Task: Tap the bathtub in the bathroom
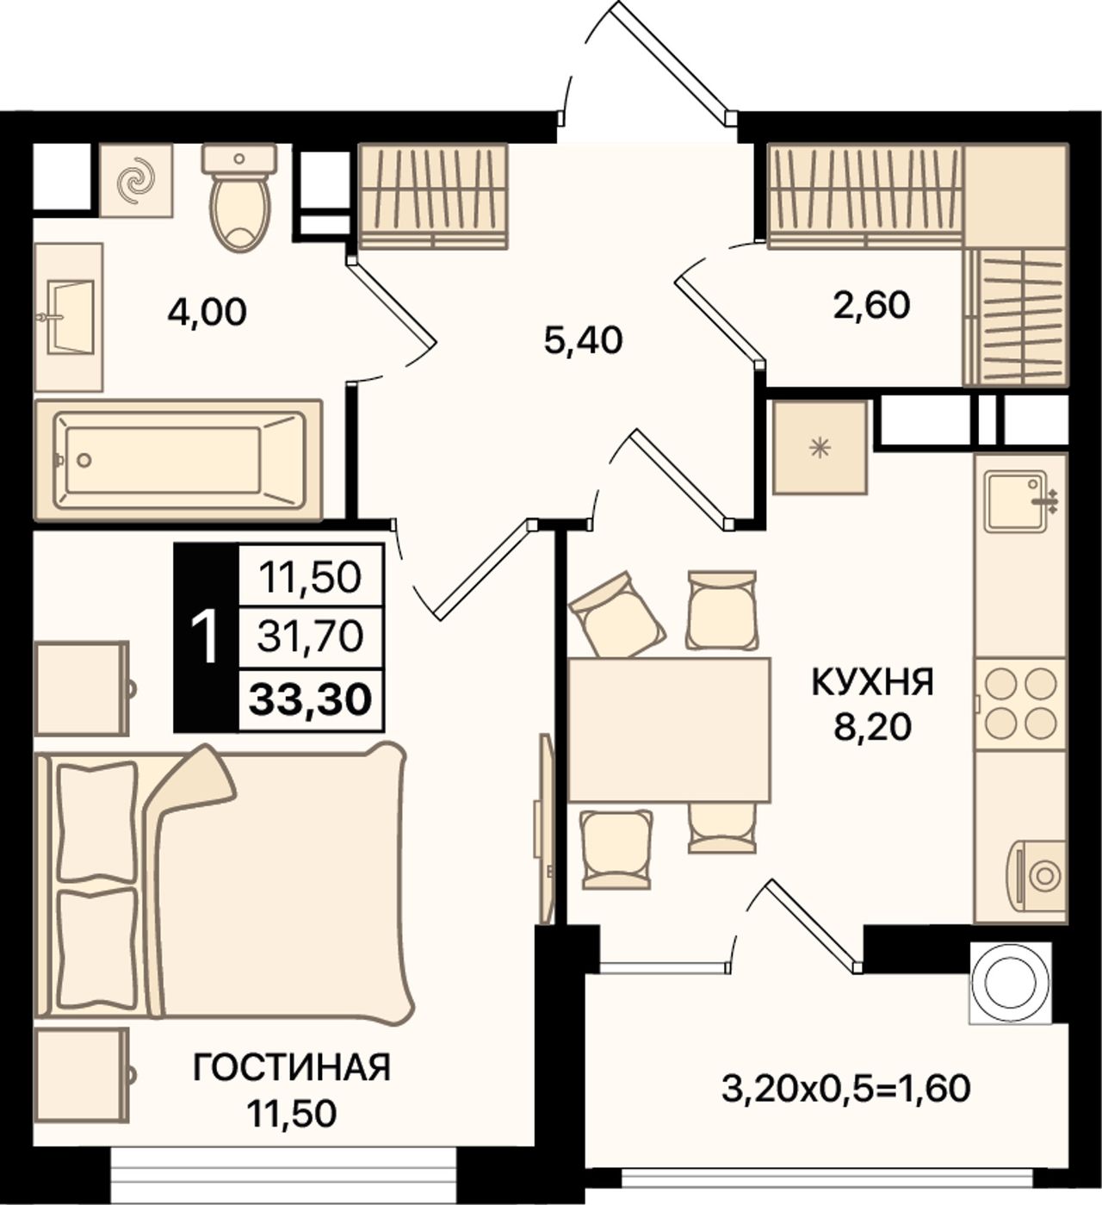pyautogui.click(x=178, y=460)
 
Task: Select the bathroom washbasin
pyautogui.click(x=69, y=317)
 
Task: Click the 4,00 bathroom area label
pyautogui.click(x=207, y=313)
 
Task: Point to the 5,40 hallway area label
pyautogui.click(x=583, y=341)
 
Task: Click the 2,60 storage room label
pyautogui.click(x=870, y=305)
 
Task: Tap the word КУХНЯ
pyautogui.click(x=873, y=682)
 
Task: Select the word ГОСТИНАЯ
pyautogui.click(x=291, y=1066)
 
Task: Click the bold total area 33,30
pyautogui.click(x=311, y=699)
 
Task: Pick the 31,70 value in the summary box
pyautogui.click(x=311, y=637)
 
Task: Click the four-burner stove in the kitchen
pyautogui.click(x=1019, y=704)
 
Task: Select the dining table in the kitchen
pyautogui.click(x=669, y=730)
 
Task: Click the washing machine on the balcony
pyautogui.click(x=1011, y=986)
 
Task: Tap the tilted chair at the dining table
pyautogui.click(x=617, y=614)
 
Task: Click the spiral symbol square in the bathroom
pyautogui.click(x=136, y=180)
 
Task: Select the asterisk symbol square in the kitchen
pyautogui.click(x=820, y=448)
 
